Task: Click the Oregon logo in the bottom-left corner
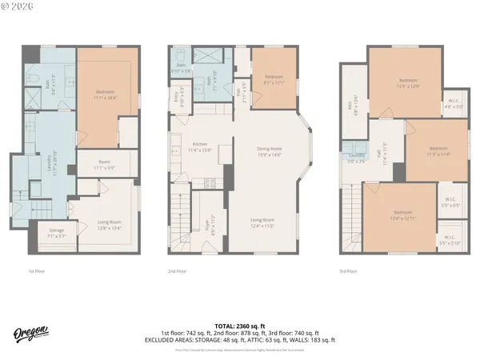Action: [30, 334]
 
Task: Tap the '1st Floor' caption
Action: [37, 271]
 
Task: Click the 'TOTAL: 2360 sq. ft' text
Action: [246, 326]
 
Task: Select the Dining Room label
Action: [270, 152]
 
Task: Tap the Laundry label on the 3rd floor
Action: [358, 157]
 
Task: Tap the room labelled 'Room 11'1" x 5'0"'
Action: [105, 166]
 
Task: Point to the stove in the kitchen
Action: [209, 183]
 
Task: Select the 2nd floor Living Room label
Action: [263, 222]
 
